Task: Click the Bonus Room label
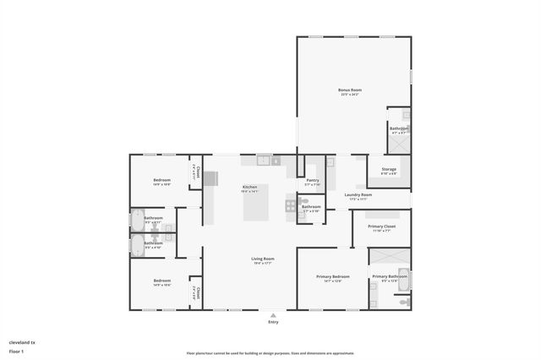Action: pyautogui.click(x=349, y=90)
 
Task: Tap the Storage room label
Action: pyautogui.click(x=389, y=170)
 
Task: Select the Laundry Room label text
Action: pyautogui.click(x=358, y=194)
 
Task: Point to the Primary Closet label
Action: pyautogui.click(x=381, y=226)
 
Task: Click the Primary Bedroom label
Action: pyautogui.click(x=332, y=277)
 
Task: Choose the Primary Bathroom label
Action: pyautogui.click(x=390, y=277)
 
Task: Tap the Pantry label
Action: pyautogui.click(x=312, y=180)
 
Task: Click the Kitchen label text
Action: pyautogui.click(x=249, y=187)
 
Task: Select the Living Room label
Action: pyautogui.click(x=262, y=259)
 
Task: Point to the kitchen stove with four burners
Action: pyautogui.click(x=291, y=205)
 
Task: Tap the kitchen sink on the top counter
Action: pyautogui.click(x=264, y=159)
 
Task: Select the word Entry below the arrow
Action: pyautogui.click(x=273, y=322)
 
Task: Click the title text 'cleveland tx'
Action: pyautogui.click(x=22, y=342)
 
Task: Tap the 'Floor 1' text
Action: pyautogui.click(x=17, y=351)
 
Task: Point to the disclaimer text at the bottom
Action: pyautogui.click(x=270, y=352)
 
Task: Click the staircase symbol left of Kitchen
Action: pyautogui.click(x=210, y=178)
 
